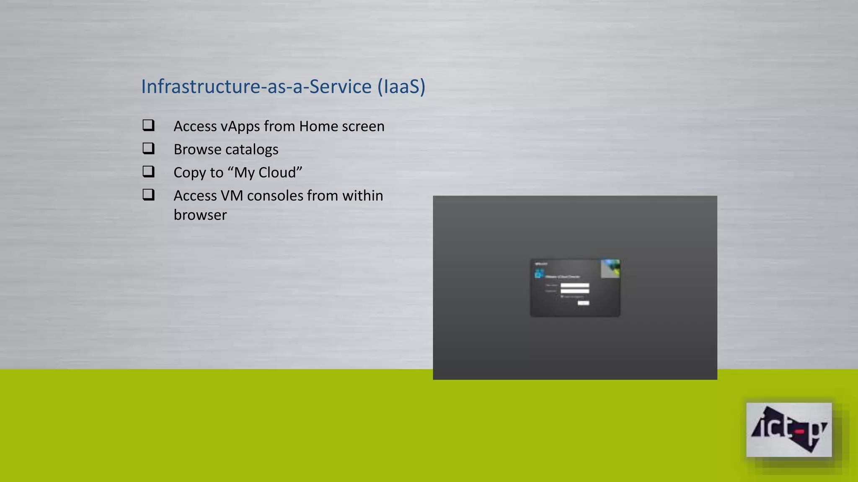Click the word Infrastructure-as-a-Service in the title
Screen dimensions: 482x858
point(256,87)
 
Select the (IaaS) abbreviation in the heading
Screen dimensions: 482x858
point(401,87)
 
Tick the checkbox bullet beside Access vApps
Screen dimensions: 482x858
point(148,125)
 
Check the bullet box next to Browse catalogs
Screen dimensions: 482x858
point(148,148)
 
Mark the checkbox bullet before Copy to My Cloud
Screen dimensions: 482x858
point(148,171)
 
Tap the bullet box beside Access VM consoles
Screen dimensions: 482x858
point(148,194)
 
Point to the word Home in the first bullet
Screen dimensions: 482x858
point(318,126)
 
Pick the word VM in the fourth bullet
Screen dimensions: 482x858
point(232,195)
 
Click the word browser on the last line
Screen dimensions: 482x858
point(200,215)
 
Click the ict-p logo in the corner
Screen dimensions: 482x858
point(788,429)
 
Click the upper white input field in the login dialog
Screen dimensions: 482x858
point(575,285)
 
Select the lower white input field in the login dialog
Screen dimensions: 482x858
point(575,291)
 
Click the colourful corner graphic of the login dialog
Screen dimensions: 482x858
point(610,268)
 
